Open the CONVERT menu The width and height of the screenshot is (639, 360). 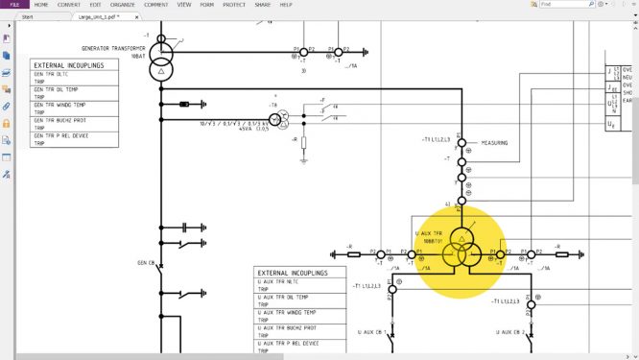pos(68,5)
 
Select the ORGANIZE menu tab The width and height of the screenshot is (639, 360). pos(122,5)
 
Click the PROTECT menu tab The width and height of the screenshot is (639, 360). pos(234,5)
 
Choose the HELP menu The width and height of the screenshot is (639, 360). pos(286,5)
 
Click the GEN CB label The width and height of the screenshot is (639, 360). pos(146,261)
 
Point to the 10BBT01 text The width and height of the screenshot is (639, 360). pos(428,241)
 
